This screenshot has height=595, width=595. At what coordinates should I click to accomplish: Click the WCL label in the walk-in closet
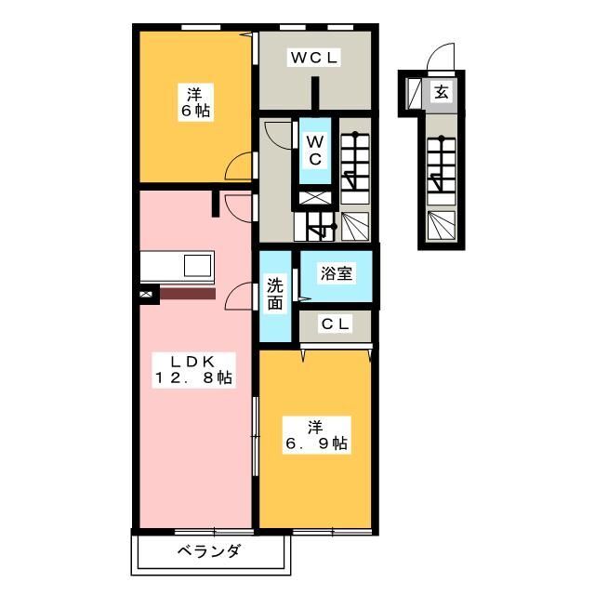point(315,59)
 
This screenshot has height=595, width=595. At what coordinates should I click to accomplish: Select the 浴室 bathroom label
point(335,274)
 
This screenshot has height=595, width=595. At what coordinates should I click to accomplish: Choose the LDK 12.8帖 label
point(194,369)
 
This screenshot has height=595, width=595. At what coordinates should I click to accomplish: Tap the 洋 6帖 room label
point(194,102)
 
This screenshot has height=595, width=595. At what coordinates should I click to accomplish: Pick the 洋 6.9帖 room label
point(316,435)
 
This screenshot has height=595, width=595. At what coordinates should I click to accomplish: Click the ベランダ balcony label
point(209,551)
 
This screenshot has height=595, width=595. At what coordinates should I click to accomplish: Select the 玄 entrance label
point(441,92)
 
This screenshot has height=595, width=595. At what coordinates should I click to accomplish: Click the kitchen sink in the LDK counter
point(197,265)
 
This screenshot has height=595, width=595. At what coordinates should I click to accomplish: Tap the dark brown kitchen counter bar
point(187,293)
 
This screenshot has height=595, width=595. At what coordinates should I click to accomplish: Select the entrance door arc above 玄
point(440,59)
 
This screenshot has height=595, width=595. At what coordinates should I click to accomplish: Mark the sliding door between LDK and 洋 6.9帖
point(256,437)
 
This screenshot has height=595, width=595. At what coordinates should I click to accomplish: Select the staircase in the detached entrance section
point(440,172)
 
